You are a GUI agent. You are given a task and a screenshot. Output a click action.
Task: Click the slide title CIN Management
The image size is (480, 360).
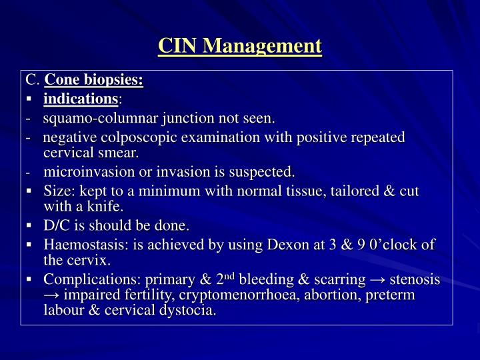click(x=240, y=46)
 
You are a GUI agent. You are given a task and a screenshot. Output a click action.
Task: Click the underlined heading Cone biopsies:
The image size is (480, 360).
click(x=93, y=81)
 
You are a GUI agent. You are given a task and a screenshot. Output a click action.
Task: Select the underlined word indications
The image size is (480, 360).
click(x=81, y=99)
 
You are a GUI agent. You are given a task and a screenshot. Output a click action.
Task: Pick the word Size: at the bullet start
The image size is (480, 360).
click(x=58, y=191)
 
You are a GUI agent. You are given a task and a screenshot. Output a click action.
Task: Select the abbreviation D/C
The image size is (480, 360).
click(x=57, y=226)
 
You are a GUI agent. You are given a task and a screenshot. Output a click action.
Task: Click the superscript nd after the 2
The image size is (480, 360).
click(x=229, y=276)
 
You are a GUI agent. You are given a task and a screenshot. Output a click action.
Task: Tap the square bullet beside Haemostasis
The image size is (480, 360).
click(x=30, y=245)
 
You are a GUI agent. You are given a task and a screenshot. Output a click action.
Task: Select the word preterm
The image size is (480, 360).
click(x=392, y=295)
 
